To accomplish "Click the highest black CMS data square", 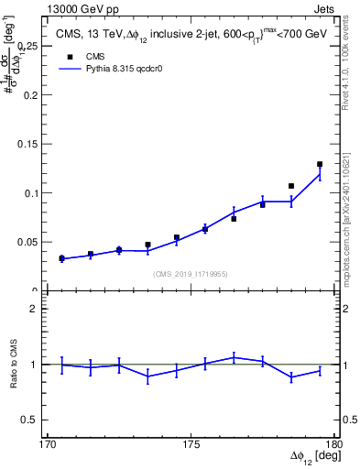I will (320, 164).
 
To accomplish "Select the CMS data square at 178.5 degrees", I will (291, 186).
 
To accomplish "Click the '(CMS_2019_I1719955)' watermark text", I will (191, 273).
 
